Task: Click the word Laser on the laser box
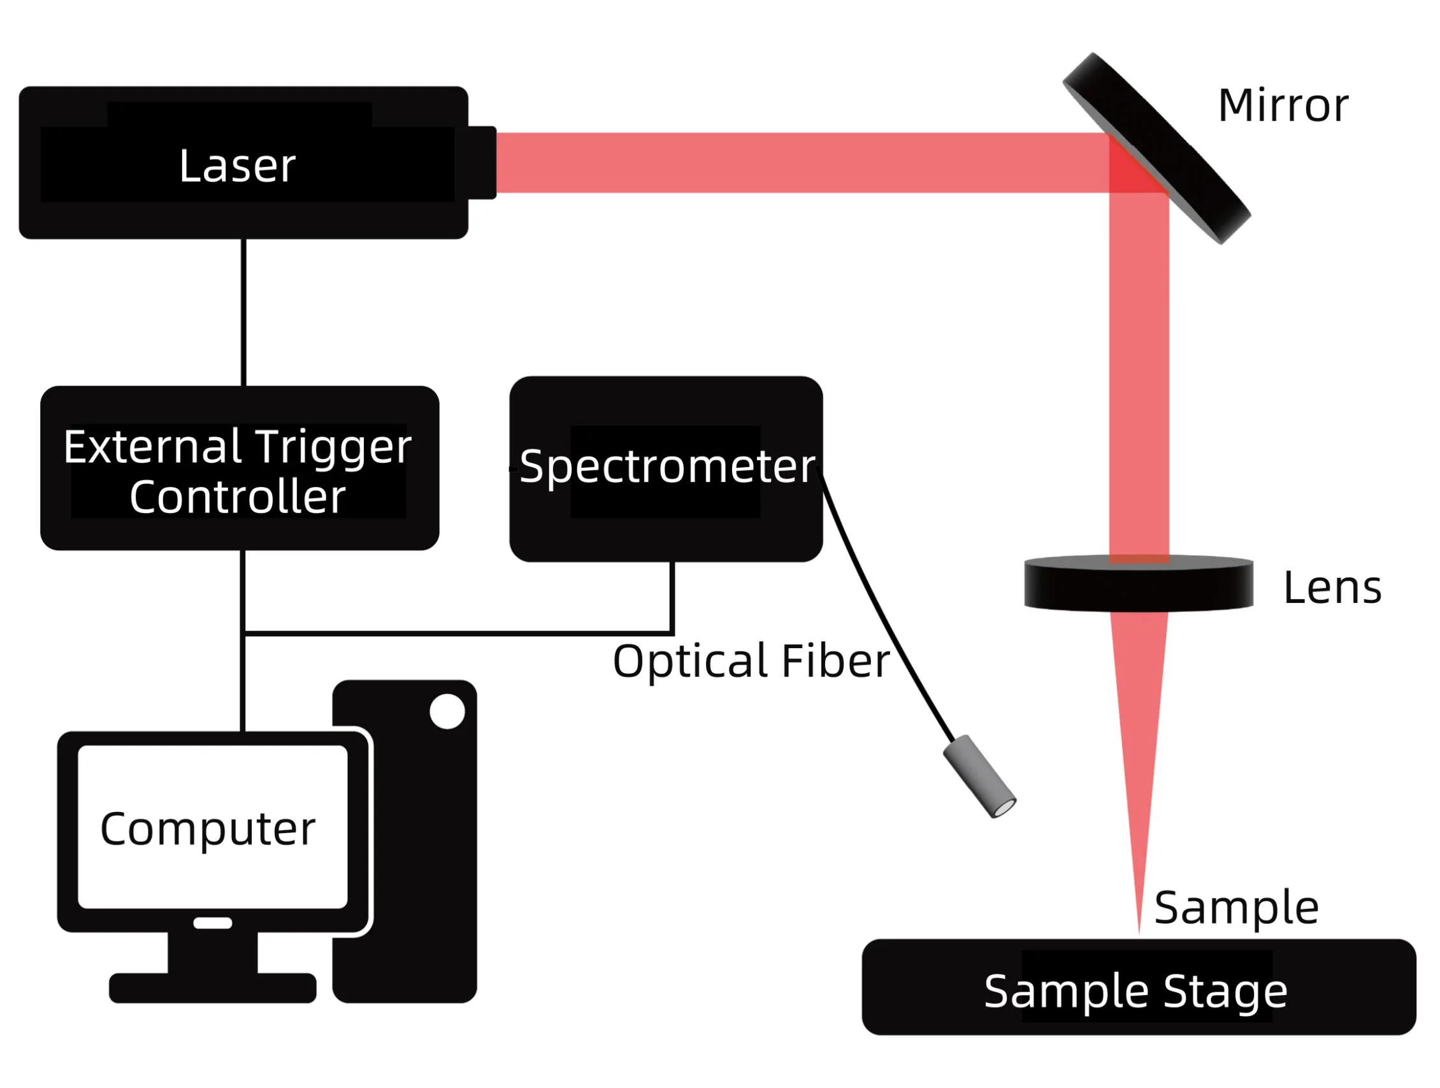(x=237, y=165)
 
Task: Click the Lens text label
(x=1332, y=588)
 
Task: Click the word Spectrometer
(x=667, y=466)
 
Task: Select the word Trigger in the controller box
(x=333, y=447)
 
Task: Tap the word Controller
(x=237, y=497)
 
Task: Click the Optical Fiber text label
(x=751, y=662)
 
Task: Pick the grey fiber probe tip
(x=979, y=777)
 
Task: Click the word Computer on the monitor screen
(x=208, y=829)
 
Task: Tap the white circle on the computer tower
(x=447, y=711)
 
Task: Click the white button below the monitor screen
(x=212, y=923)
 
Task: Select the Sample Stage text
(x=1135, y=991)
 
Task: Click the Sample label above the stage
(x=1236, y=908)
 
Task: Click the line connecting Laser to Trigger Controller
(x=243, y=312)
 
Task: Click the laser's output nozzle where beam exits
(x=482, y=163)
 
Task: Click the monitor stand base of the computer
(x=212, y=988)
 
